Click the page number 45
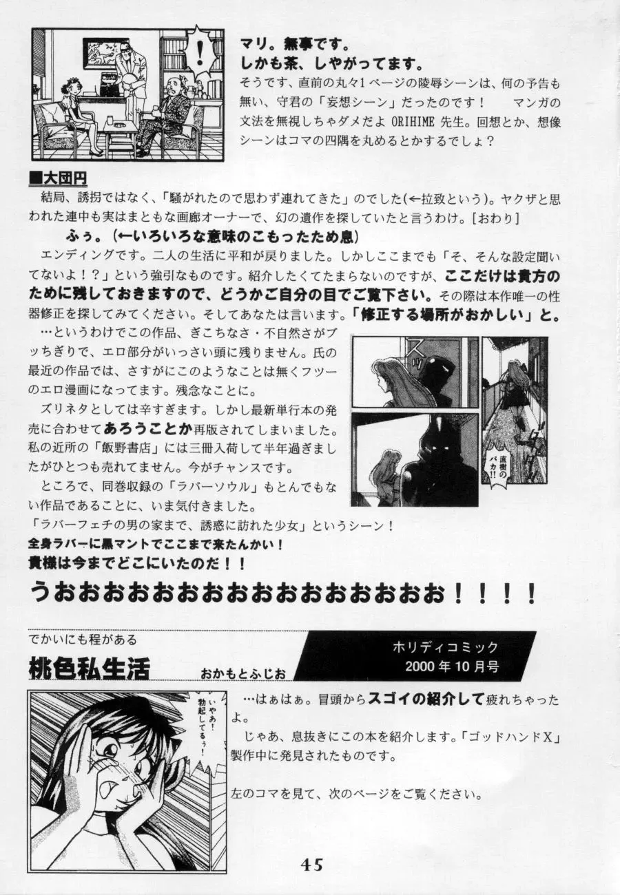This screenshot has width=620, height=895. [x=311, y=865]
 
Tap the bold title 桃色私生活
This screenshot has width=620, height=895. [x=90, y=667]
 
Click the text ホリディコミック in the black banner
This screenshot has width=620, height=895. [x=444, y=648]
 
